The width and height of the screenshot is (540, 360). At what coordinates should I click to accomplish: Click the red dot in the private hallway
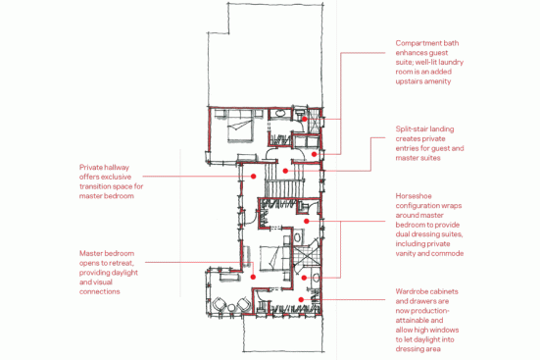[253, 177]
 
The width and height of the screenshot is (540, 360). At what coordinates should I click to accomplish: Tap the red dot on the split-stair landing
[285, 171]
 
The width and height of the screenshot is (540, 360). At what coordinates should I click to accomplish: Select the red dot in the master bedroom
[253, 277]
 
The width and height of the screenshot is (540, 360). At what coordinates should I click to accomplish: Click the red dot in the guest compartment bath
[305, 119]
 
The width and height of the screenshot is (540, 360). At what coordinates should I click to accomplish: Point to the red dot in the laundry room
[314, 154]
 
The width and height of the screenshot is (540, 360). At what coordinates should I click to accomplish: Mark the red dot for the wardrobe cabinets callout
[301, 299]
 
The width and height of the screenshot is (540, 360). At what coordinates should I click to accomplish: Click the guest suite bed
[239, 127]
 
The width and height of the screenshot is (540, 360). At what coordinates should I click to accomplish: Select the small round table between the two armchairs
[231, 308]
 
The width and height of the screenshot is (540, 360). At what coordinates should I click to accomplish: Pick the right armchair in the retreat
[243, 304]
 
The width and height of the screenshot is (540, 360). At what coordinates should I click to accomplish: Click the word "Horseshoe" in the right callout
[414, 196]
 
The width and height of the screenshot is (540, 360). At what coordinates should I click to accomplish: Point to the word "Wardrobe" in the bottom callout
[413, 291]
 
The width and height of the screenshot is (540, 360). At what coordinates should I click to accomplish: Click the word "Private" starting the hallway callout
[91, 168]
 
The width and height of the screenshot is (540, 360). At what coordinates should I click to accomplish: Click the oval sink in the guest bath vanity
[279, 113]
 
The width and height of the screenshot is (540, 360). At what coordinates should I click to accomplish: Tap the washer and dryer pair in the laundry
[306, 141]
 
